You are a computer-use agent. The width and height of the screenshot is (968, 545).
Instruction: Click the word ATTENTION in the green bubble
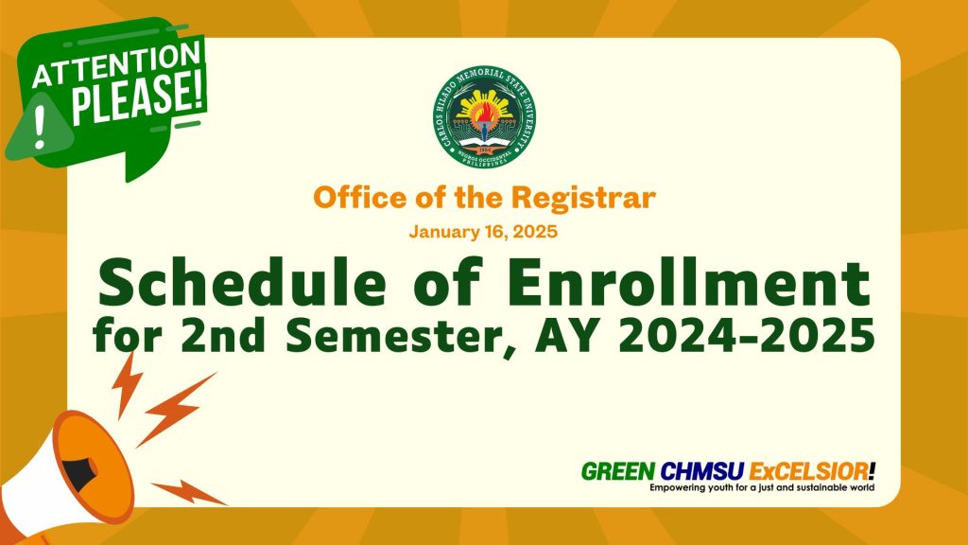[x=116, y=64]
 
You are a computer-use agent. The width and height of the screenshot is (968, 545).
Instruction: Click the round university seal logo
[x=484, y=116]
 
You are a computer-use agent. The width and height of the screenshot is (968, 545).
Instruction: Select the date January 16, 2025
[x=483, y=232]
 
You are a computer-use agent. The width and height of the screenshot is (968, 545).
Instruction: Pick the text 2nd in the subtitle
[x=223, y=336]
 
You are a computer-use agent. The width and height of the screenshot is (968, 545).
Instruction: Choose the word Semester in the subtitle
[x=392, y=337]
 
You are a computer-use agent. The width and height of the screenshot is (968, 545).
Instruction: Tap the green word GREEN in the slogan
[x=618, y=472]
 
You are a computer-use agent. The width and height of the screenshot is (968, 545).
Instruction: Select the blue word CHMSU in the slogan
[x=702, y=472]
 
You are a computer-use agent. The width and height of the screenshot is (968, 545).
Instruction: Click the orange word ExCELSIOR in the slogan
[x=809, y=472]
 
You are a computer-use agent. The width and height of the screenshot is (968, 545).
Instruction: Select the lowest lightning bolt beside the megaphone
[x=188, y=492]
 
